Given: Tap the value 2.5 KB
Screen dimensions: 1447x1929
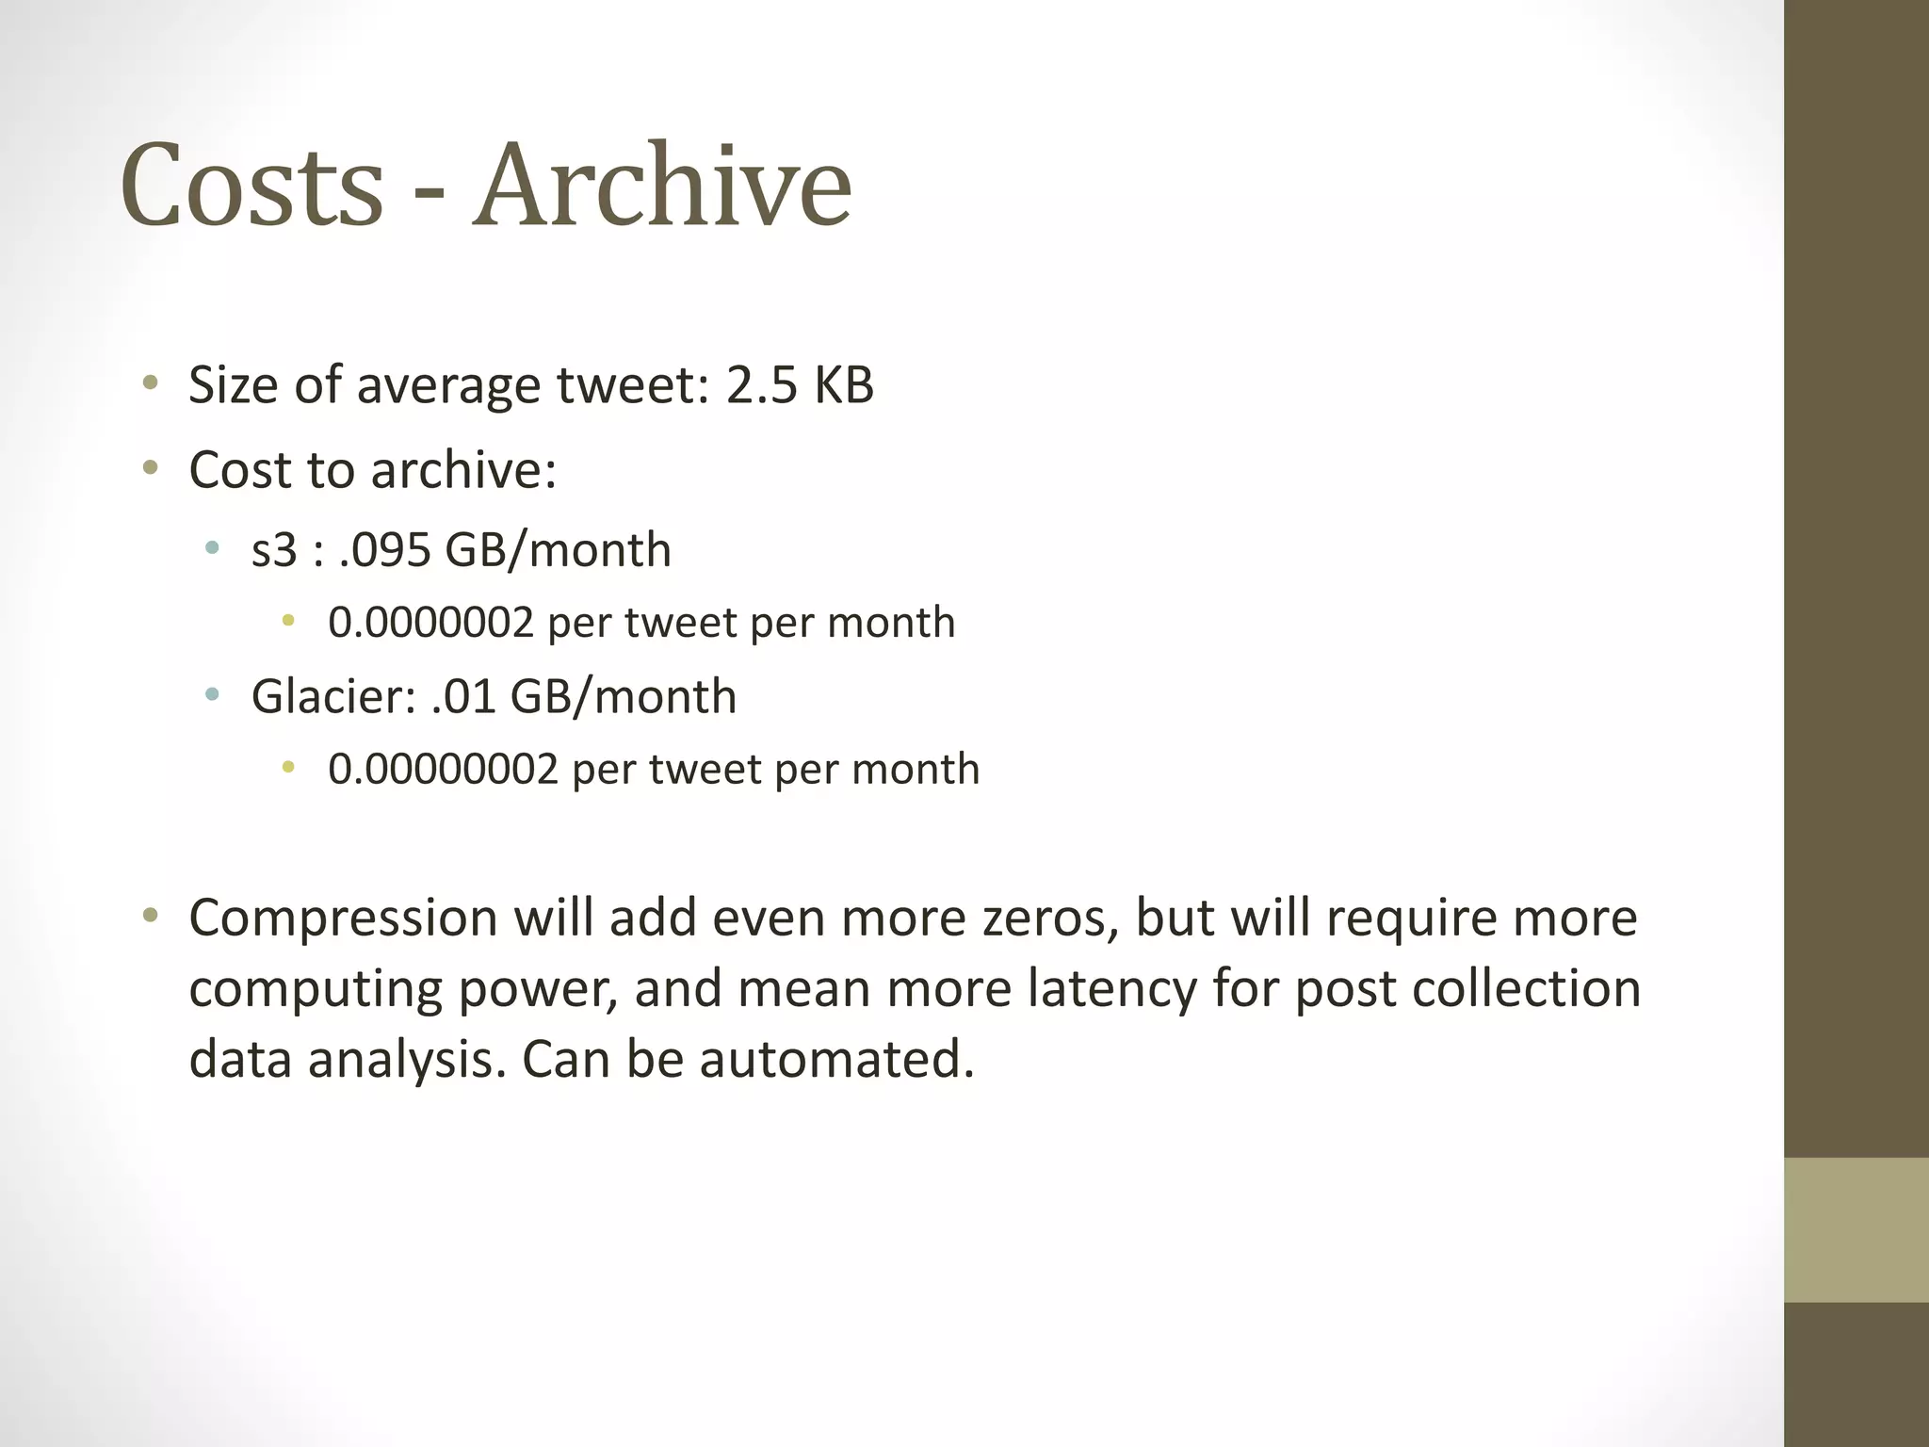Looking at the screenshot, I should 800,385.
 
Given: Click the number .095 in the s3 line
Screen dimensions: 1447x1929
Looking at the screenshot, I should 384,550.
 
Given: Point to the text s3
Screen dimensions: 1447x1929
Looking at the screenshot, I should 274,550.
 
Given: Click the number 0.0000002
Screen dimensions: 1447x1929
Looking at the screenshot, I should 430,623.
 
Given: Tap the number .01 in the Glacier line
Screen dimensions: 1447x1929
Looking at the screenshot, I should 462,697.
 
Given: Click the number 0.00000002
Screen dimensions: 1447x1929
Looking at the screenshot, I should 443,770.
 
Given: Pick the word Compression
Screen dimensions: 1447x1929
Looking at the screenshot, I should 343,919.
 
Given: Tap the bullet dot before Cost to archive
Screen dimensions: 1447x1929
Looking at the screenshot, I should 150,468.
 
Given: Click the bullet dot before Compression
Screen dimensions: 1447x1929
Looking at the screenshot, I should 150,916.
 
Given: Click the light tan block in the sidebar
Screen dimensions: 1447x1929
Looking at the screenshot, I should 1856,1229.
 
